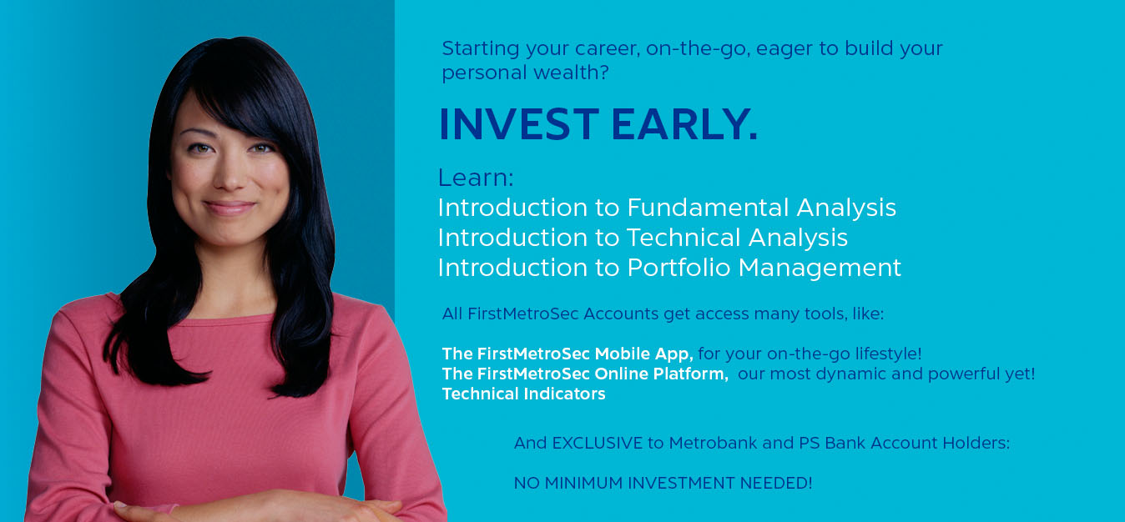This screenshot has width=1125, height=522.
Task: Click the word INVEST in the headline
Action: coord(518,125)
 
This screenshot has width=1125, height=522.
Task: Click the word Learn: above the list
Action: coord(476,178)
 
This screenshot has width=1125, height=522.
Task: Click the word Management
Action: coord(820,268)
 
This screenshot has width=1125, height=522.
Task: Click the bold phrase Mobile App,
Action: coord(644,354)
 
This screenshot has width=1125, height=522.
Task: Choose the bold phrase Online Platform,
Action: coord(662,374)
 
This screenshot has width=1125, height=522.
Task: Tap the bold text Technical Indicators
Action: coord(523,394)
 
